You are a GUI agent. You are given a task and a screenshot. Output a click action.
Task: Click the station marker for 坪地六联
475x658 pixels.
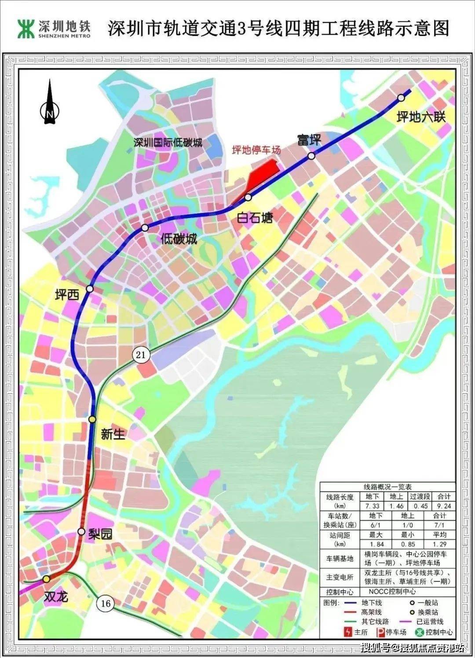click(401, 98)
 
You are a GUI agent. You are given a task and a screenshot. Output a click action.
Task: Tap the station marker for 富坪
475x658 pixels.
click(311, 156)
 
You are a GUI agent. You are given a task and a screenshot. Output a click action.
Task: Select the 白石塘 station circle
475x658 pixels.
click(248, 197)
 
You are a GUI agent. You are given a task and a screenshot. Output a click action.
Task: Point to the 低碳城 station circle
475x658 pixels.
click(145, 227)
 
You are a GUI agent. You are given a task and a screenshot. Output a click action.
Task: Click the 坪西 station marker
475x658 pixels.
click(90, 288)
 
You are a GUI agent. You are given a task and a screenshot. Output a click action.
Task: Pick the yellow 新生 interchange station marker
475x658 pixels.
click(92, 419)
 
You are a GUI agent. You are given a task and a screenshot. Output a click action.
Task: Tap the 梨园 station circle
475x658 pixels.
click(81, 531)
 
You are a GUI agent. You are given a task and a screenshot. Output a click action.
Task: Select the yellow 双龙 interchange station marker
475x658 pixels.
click(46, 579)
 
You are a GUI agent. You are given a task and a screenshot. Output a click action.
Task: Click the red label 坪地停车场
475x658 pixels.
click(256, 150)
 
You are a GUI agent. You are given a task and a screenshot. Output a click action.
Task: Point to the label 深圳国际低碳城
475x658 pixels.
click(168, 142)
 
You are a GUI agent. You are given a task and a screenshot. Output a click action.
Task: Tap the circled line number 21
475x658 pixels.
click(141, 354)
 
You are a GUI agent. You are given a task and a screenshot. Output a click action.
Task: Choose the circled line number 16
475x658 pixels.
click(106, 603)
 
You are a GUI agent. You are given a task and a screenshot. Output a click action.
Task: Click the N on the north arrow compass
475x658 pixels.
click(50, 114)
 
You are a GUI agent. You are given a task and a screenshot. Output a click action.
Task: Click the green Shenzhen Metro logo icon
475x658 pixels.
click(26, 29)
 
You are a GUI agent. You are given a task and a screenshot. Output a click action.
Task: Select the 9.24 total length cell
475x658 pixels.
click(444, 506)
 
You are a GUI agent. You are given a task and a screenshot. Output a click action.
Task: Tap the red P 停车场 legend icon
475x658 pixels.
click(380, 632)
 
